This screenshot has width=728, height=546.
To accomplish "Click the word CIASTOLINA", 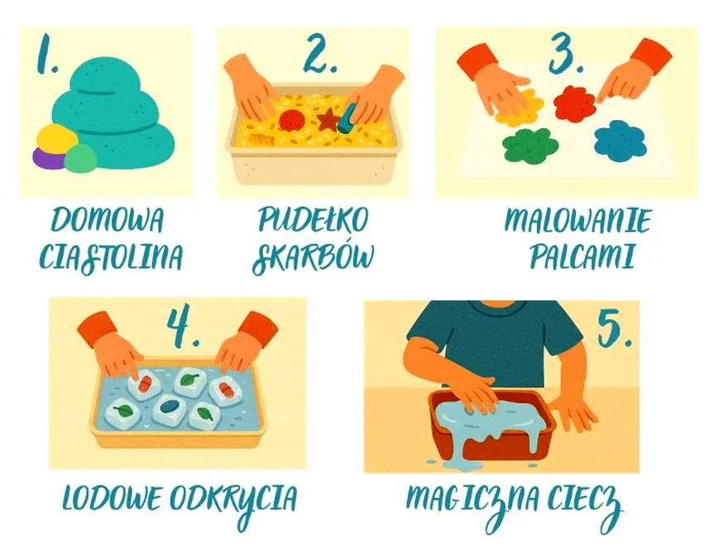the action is click(x=111, y=256).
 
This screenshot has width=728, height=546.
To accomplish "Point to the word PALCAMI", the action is click(x=582, y=256).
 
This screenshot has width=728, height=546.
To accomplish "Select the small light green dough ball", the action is click(x=80, y=158).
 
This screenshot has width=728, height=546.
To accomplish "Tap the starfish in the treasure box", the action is click(x=328, y=119).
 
